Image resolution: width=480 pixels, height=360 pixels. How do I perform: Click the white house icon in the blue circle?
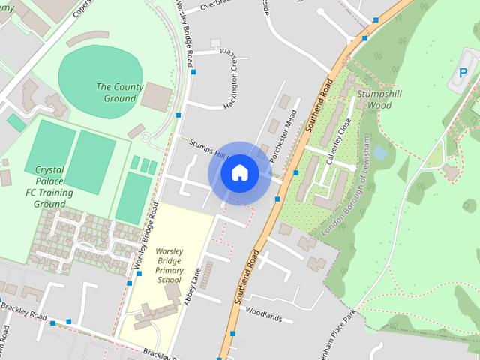tap(239, 173)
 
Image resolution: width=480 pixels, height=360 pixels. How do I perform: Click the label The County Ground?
tap(120, 92)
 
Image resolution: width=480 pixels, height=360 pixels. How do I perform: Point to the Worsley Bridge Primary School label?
tap(169, 264)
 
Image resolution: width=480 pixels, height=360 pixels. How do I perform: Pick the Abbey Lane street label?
tap(193, 286)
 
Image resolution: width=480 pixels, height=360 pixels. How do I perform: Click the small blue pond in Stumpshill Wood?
tap(380, 153)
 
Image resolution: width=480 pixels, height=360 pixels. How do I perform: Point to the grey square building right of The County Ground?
tap(157, 95)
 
